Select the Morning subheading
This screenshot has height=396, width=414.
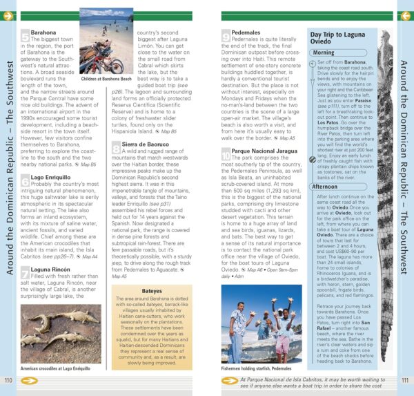[x=324, y=53]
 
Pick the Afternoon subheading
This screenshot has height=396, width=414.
[x=326, y=186]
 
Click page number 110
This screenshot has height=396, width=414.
[x=8, y=379]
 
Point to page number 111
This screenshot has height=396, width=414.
[x=405, y=379]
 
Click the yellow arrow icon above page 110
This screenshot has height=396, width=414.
[x=8, y=15]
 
